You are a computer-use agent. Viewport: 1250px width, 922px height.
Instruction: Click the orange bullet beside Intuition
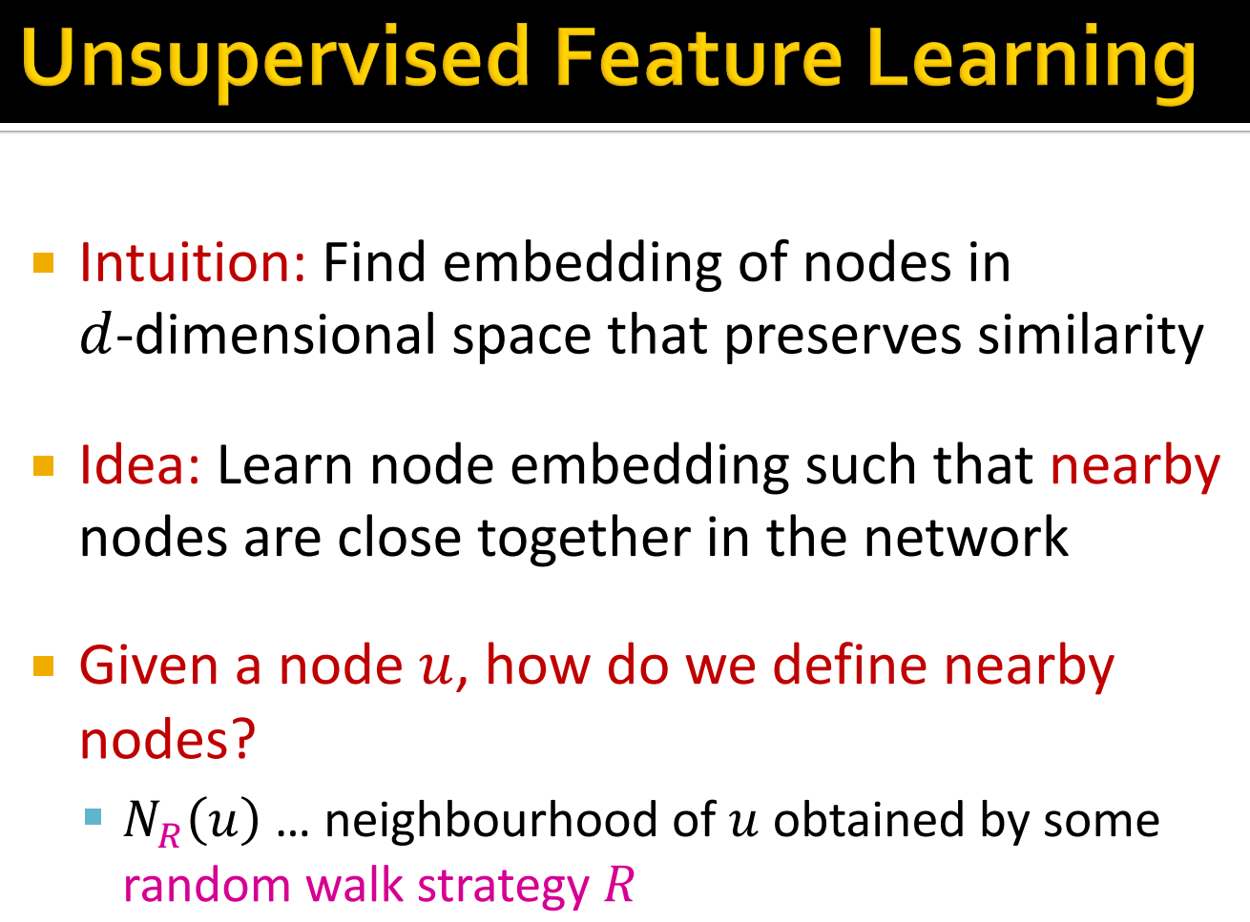44,262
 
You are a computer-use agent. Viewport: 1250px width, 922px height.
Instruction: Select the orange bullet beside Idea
44,465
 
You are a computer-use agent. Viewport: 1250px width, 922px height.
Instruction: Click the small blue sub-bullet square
93,817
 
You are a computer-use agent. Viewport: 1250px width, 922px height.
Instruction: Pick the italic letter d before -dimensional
95,335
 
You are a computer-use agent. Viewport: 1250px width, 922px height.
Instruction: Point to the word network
966,538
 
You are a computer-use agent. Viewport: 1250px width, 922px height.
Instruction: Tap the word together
583,540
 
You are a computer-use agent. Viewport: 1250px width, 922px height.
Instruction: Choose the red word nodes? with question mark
168,739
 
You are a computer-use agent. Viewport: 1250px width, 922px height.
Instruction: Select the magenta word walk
354,886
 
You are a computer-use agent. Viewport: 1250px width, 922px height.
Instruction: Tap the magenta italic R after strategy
619,886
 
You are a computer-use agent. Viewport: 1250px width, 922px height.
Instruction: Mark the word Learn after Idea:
285,465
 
